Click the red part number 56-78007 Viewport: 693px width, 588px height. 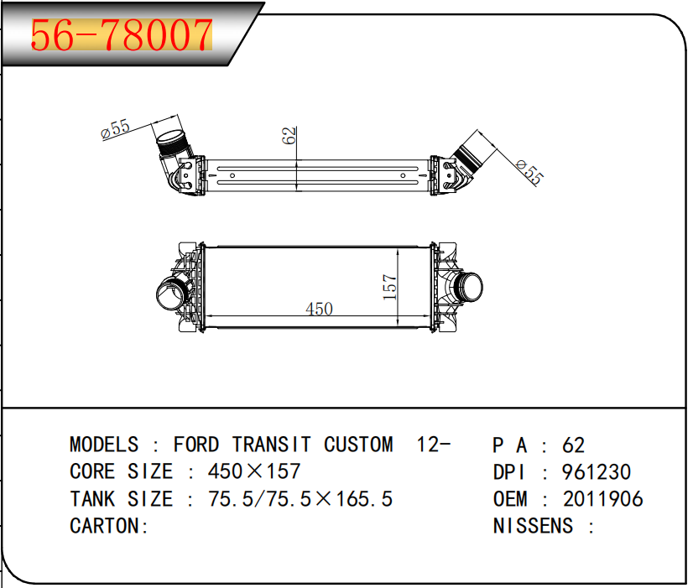click(122, 35)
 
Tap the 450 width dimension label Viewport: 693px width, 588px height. click(319, 309)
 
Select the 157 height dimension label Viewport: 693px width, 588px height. click(390, 287)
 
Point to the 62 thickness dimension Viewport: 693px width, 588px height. click(289, 135)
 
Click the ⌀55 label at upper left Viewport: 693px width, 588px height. click(115, 129)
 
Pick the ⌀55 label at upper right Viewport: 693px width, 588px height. click(530, 172)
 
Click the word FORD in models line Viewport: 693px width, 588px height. click(196, 445)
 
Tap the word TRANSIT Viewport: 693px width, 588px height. click(272, 445)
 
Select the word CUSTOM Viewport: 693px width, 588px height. click(358, 445)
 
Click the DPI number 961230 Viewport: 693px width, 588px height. click(597, 472)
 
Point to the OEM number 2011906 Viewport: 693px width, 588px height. click(603, 499)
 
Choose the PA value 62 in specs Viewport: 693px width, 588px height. click(574, 445)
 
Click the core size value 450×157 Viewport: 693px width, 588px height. click(254, 471)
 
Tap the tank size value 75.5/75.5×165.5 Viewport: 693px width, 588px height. click(300, 499)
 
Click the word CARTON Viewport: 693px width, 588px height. click(104, 526)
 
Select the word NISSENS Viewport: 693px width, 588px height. click(533, 526)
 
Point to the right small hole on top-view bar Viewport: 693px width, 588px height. click(403, 176)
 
